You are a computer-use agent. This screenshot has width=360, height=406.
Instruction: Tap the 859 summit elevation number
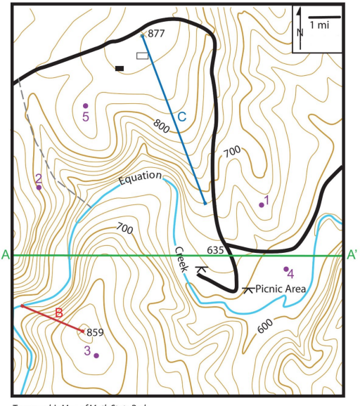point(96,332)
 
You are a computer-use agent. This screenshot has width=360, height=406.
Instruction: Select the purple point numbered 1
point(262,204)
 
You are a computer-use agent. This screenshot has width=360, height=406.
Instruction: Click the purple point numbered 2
point(39,188)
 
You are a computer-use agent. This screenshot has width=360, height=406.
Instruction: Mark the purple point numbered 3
point(96,355)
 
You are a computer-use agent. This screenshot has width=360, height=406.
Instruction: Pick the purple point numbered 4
point(285,269)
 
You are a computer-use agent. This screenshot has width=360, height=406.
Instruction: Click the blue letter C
point(181,117)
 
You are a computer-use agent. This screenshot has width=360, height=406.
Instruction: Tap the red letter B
point(59,313)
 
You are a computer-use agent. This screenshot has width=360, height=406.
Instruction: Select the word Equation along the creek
point(140,178)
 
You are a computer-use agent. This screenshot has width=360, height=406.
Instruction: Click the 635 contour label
point(215,250)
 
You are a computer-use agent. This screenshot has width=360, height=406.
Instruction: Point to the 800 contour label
point(161,126)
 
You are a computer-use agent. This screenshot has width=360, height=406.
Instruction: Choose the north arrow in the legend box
point(300,22)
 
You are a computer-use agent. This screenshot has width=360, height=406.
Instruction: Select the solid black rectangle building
point(120,68)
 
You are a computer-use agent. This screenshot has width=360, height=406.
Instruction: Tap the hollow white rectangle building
point(143,55)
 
